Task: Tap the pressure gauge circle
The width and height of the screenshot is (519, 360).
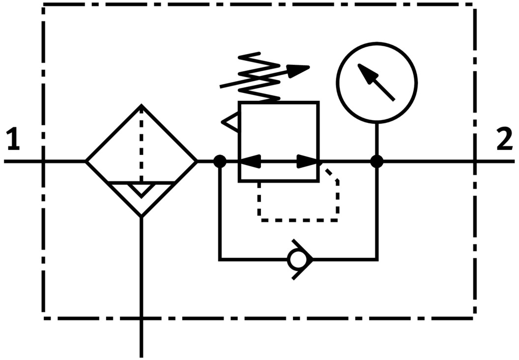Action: point(376,82)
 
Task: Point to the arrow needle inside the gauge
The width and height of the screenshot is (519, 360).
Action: point(375,82)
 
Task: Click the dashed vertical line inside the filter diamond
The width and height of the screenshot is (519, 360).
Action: point(142,143)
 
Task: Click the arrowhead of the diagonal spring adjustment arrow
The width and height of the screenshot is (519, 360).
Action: point(299,69)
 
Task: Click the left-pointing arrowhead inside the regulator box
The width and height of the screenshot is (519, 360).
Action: point(250,161)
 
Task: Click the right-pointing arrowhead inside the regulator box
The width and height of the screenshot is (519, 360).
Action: point(308,161)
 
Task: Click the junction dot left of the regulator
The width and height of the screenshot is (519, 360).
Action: point(220,161)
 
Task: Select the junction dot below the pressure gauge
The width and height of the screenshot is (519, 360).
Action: point(376,161)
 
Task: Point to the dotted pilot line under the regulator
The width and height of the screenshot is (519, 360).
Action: point(298,219)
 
